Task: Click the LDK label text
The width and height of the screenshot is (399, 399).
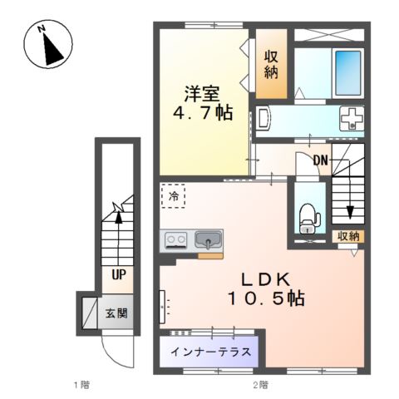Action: click(266, 278)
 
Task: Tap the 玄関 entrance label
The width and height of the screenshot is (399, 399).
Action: click(116, 313)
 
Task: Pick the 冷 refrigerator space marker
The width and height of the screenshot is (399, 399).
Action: click(174, 197)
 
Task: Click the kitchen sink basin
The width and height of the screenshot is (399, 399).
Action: click(208, 241)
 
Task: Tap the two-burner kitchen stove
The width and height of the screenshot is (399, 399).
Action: click(176, 241)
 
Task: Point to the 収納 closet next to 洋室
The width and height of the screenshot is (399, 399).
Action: click(271, 64)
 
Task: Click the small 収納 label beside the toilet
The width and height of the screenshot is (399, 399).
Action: click(348, 236)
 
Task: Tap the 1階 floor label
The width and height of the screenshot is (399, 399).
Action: click(80, 384)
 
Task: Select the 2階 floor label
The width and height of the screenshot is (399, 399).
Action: click(260, 384)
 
